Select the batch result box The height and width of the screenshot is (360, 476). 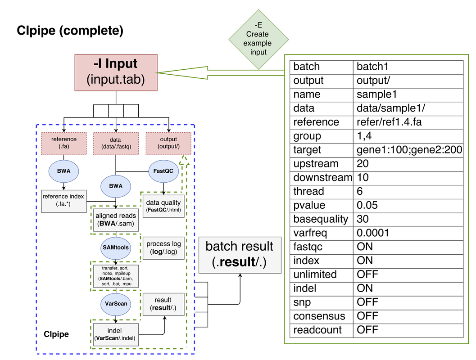[x=239, y=254]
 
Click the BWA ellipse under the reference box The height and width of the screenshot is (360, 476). [x=63, y=171]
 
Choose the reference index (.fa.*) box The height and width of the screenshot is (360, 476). [x=63, y=201]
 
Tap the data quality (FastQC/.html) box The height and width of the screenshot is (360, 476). [x=163, y=206]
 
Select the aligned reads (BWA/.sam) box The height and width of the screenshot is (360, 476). [x=116, y=220]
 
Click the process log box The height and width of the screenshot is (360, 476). [x=164, y=247]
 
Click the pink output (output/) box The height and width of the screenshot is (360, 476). [x=168, y=143]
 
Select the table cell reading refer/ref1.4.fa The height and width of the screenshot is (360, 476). [x=408, y=122]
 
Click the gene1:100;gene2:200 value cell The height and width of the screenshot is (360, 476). [x=408, y=150]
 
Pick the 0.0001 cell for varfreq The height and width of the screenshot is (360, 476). [x=408, y=233]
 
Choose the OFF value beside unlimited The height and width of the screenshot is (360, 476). [x=408, y=274]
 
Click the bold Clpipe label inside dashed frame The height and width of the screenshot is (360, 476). [x=56, y=334]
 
